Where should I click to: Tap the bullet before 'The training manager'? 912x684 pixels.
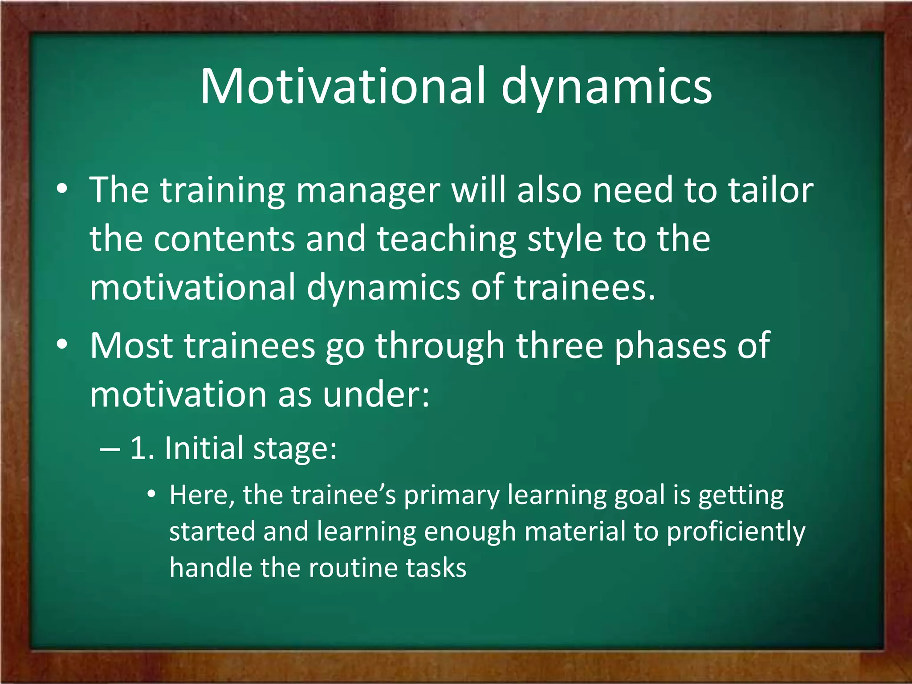[x=62, y=189]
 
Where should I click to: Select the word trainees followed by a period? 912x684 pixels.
[x=585, y=287]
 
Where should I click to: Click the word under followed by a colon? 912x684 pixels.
[x=375, y=395]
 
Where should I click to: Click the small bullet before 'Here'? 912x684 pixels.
[x=152, y=494]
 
